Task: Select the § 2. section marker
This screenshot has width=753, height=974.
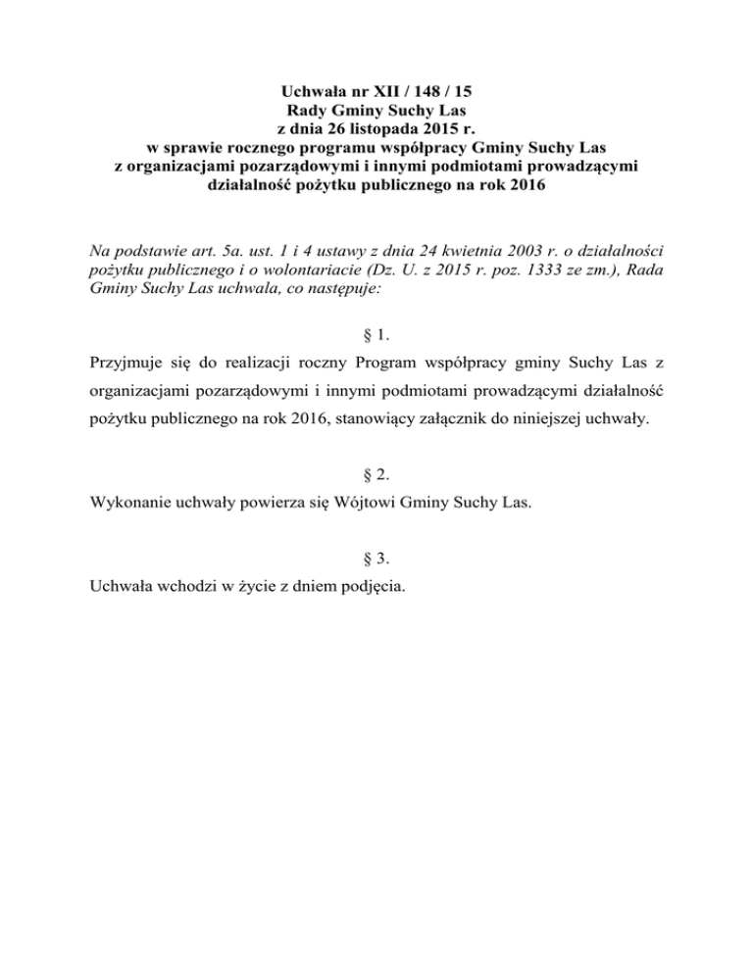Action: click(x=376, y=475)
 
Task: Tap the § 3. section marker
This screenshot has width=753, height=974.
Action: click(x=376, y=560)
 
